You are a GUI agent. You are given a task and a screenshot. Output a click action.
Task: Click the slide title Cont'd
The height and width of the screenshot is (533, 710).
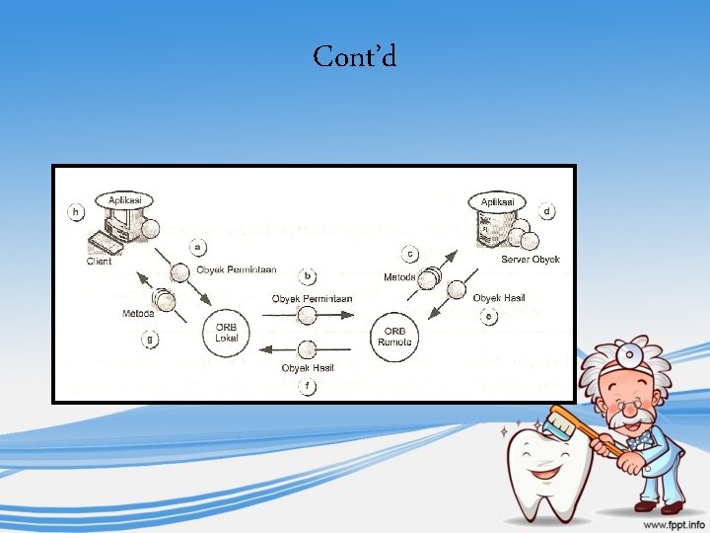pos(355,56)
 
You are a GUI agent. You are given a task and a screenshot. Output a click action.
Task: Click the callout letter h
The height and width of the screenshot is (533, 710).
pos(75,211)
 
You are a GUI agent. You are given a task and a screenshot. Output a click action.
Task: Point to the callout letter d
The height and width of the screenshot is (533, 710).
pos(547,211)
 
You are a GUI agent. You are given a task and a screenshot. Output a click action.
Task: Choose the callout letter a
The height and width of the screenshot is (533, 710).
pos(199,246)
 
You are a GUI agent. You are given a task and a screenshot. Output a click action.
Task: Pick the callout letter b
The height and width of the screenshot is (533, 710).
pos(309,276)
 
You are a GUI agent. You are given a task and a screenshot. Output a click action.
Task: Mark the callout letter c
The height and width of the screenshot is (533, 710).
pos(409,255)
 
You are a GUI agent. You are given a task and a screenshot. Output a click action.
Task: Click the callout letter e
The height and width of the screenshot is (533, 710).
pos(489,316)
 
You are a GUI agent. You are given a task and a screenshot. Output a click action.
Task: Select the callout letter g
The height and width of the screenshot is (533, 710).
pos(151,339)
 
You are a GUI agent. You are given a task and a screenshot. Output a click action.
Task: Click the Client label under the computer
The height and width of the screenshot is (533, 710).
pos(99,262)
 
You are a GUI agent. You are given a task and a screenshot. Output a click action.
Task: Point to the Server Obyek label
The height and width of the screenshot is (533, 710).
pos(530,259)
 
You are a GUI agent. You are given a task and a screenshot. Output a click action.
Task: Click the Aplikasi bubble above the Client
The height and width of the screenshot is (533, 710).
pos(124,200)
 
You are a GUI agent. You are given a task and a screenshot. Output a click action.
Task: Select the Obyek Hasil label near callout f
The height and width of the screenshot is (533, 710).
pos(302,368)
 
